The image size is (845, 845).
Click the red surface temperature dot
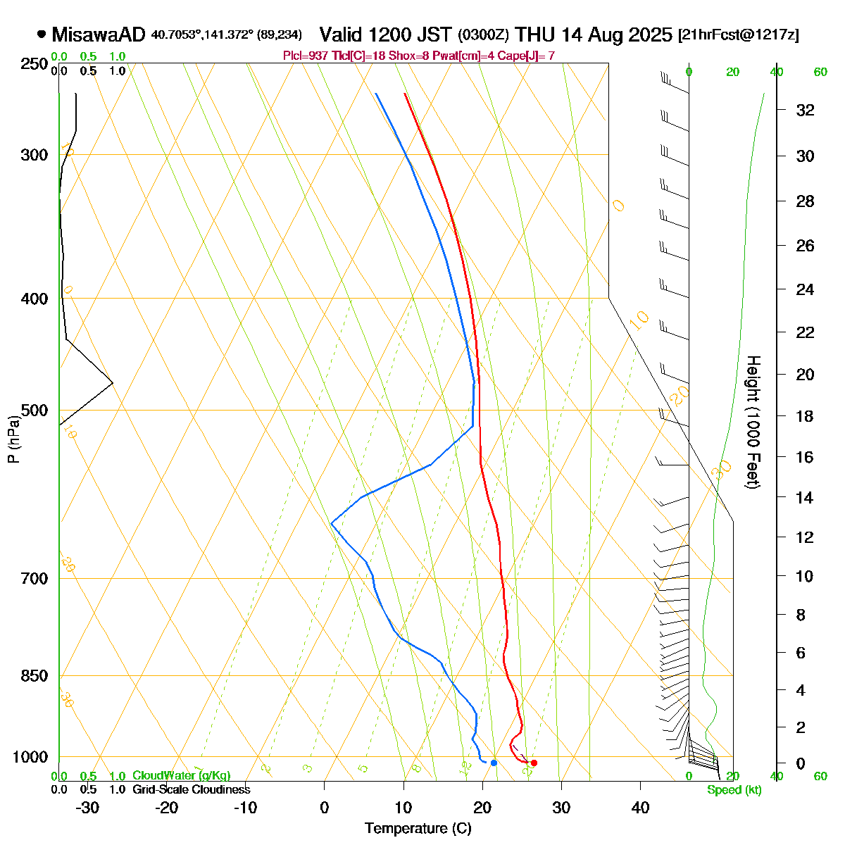point(534,763)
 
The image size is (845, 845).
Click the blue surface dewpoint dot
point(494,763)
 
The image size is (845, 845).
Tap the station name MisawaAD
point(98,35)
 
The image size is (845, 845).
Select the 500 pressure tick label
point(35,411)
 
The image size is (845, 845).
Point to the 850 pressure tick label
point(35,676)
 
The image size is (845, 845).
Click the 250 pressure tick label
point(35,64)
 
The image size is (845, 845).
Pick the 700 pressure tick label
point(35,579)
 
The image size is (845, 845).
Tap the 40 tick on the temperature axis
point(640,808)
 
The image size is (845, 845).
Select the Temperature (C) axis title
point(418,829)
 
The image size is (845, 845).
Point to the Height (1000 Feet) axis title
point(753,423)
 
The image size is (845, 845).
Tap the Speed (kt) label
point(734,790)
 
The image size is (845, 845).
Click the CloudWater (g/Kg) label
point(181,776)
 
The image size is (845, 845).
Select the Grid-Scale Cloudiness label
point(191,790)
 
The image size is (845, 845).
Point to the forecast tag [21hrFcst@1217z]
point(738,35)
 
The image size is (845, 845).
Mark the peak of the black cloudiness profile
point(113,382)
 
